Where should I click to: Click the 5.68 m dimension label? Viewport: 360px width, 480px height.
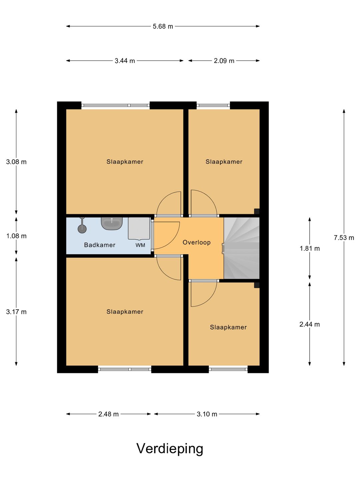click(x=163, y=26)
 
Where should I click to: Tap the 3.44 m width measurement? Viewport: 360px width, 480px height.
click(x=125, y=61)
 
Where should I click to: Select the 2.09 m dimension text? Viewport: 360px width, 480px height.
click(x=224, y=61)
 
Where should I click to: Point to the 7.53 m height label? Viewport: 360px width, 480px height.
click(x=344, y=237)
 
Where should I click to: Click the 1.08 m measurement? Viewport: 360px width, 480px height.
click(x=16, y=236)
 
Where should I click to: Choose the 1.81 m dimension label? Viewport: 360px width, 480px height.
click(x=310, y=248)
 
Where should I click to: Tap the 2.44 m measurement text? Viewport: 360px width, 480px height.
click(x=310, y=324)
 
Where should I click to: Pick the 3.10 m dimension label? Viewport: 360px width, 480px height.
click(x=207, y=414)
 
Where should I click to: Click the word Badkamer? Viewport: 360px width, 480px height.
click(x=100, y=245)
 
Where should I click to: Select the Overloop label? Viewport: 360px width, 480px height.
click(x=197, y=242)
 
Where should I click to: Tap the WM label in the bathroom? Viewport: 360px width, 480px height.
click(x=140, y=245)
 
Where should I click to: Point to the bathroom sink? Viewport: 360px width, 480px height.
click(x=111, y=223)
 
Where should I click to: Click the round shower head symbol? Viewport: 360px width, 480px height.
click(x=82, y=229)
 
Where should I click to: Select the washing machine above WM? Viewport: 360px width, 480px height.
click(x=139, y=228)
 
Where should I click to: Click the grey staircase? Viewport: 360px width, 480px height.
click(x=241, y=248)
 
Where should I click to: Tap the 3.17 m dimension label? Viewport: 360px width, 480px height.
click(x=16, y=312)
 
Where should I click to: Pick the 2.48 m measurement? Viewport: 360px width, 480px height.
click(x=108, y=414)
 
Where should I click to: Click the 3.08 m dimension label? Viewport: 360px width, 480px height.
click(x=16, y=162)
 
